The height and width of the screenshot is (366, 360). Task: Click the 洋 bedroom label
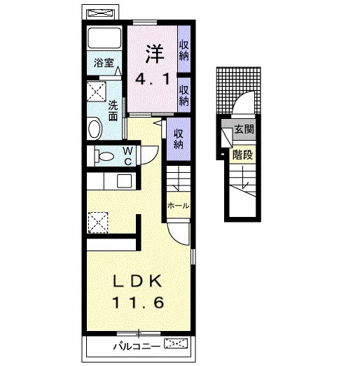(155, 54)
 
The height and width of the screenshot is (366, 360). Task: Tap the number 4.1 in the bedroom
(153, 79)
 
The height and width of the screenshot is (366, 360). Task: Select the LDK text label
(137, 281)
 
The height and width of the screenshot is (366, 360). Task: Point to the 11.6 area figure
(138, 302)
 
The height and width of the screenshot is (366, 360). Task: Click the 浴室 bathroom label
(104, 62)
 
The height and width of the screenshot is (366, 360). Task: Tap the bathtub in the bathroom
(104, 38)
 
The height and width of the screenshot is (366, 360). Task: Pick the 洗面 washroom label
(113, 111)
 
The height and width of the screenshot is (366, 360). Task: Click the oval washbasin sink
(95, 129)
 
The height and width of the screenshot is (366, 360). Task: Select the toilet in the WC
(104, 156)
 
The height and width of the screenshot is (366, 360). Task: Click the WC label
(128, 156)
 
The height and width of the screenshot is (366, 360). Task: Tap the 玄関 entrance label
(244, 129)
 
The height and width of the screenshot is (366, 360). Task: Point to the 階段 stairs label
(243, 155)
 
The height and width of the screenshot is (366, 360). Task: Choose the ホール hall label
(179, 206)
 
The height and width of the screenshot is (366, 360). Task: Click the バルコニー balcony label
(137, 346)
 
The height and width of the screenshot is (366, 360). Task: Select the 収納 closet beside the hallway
(178, 139)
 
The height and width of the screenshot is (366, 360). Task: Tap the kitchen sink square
(124, 181)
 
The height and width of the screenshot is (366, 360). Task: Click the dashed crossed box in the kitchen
(98, 223)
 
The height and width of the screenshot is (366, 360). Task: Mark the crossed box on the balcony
(176, 344)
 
